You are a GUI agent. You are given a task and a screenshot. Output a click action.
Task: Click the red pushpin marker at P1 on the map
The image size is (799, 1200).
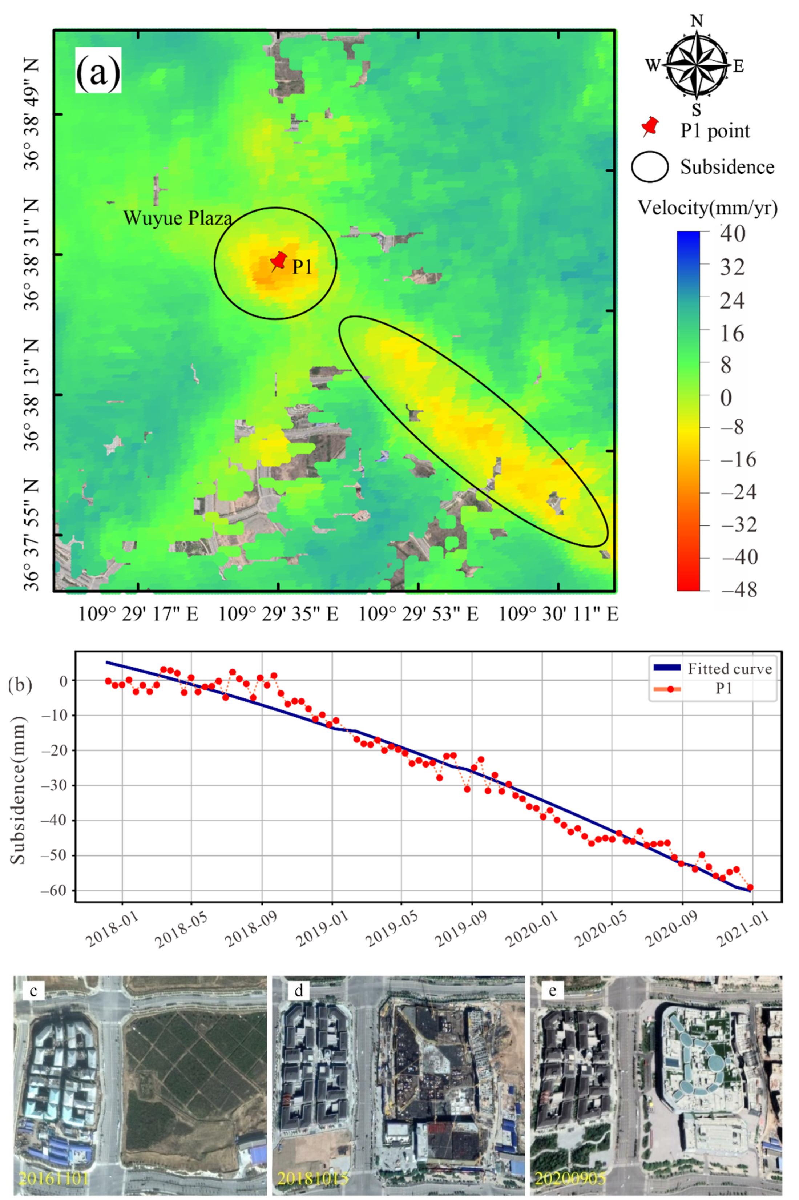(278, 261)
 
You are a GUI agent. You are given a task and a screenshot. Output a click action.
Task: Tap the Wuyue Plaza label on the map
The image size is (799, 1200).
(177, 218)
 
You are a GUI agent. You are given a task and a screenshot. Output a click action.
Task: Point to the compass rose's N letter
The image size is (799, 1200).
(696, 21)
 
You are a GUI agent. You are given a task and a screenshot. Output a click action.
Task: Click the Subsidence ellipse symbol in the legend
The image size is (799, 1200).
(650, 167)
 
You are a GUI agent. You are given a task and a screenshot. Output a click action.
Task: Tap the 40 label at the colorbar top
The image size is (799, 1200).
(732, 233)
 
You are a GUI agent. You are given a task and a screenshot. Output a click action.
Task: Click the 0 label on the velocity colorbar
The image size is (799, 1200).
(726, 398)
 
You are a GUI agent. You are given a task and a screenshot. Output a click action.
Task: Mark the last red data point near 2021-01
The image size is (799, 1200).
(750, 887)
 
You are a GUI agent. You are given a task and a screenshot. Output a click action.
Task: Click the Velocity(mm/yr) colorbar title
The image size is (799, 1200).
(708, 208)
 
